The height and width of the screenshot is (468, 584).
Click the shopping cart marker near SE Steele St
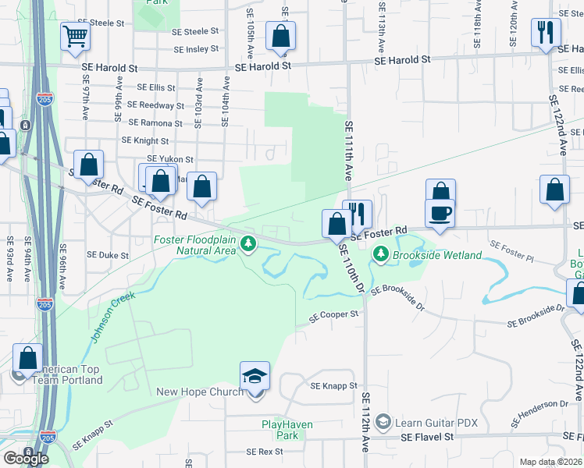pos(75,36)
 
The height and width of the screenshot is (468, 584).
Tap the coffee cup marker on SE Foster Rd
pos(440,213)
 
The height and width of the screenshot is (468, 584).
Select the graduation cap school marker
pos(255,376)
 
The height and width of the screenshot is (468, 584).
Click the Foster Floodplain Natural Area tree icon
pos(248,245)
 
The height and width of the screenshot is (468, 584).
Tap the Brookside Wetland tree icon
pos(380,253)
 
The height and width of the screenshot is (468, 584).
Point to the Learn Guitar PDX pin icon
pos(383,422)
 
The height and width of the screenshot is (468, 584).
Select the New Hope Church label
pos(200,392)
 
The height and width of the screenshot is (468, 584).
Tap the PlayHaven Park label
pos(280,430)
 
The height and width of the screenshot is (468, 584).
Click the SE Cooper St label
pos(333,315)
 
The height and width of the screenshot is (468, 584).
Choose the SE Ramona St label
pos(156,123)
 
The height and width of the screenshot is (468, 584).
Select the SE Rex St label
pos(264,452)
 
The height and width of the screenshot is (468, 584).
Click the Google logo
pos(25,458)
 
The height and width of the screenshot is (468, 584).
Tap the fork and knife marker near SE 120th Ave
pos(545,33)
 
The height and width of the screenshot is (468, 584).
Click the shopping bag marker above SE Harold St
pos(280,36)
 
